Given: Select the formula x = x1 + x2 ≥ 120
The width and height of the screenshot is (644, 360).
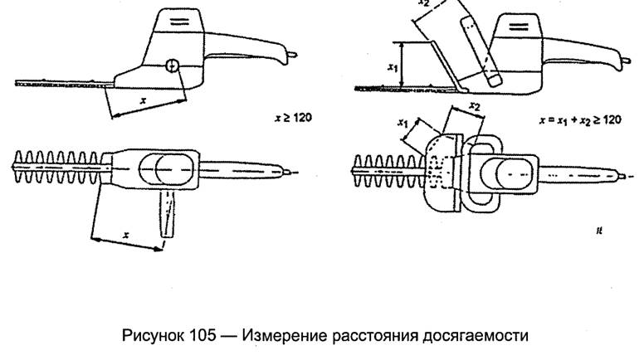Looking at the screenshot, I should pyautogui.click(x=578, y=119).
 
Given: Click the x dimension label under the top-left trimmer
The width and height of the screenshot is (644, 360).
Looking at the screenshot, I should pyautogui.click(x=144, y=100).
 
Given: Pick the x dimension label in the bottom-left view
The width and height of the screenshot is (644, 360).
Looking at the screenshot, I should pyautogui.click(x=125, y=235).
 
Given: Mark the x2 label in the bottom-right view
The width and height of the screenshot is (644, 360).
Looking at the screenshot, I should pyautogui.click(x=474, y=106).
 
